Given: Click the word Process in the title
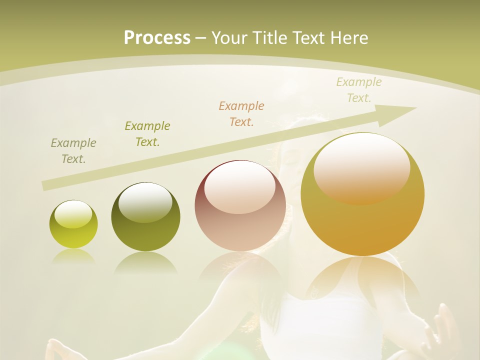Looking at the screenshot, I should pyautogui.click(x=157, y=37).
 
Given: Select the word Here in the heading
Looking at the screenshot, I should pyautogui.click(x=349, y=37).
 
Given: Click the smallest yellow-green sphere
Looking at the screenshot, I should pyautogui.click(x=73, y=224).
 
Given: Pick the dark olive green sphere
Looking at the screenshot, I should pyautogui.click(x=145, y=217).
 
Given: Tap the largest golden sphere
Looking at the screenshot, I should pyautogui.click(x=362, y=194).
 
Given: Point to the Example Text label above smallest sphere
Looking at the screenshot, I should pyautogui.click(x=73, y=151).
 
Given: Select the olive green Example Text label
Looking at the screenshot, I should pyautogui.click(x=147, y=134).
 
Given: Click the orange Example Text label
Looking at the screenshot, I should pyautogui.click(x=241, y=113).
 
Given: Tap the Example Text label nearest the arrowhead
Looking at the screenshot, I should pyautogui.click(x=359, y=90).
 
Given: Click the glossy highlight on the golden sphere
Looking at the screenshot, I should pyautogui.click(x=361, y=167).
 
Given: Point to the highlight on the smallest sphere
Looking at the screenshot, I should pyautogui.click(x=73, y=214).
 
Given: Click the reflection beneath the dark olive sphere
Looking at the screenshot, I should pyautogui.click(x=145, y=262).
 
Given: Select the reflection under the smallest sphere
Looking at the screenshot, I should pyautogui.click(x=73, y=256).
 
